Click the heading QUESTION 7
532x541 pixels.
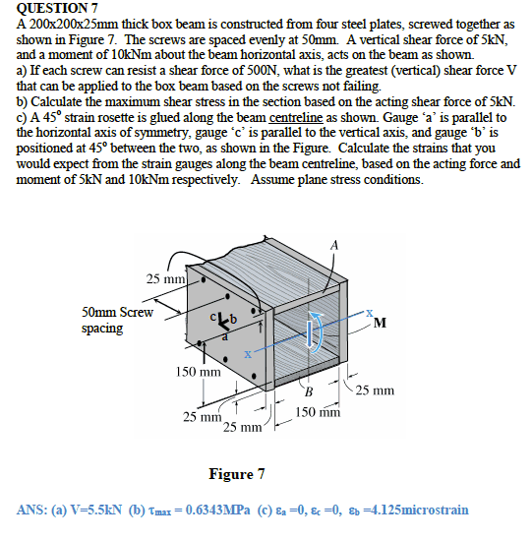[57, 8]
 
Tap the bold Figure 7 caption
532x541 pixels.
[237, 474]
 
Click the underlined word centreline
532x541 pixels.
[296, 118]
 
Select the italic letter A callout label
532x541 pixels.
[334, 246]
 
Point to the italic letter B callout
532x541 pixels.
[309, 391]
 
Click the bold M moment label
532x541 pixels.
[380, 323]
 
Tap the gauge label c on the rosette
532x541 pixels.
[213, 316]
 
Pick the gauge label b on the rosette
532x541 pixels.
[234, 319]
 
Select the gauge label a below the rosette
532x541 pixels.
[224, 337]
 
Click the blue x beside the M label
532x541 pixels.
[370, 313]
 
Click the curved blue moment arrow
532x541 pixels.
[318, 331]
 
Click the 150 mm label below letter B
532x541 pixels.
[318, 412]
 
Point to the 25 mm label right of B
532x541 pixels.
[375, 391]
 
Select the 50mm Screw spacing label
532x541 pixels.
[117, 320]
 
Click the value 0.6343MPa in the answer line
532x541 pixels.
[217, 510]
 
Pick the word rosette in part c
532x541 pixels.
[109, 118]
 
